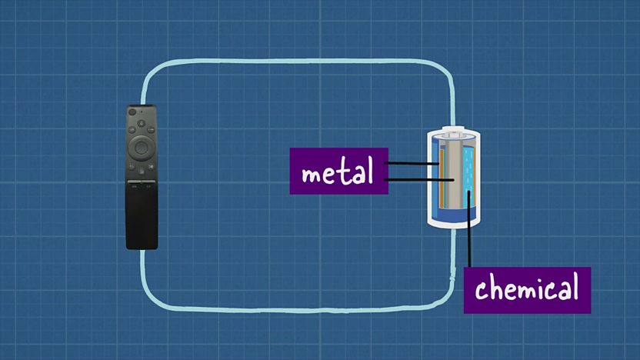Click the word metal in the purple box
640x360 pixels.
click(338, 171)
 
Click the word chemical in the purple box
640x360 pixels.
click(527, 288)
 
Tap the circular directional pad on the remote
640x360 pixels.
click(142, 147)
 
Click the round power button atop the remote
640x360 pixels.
click(132, 112)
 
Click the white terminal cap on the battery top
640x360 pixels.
click(453, 133)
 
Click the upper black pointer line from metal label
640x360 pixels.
click(412, 163)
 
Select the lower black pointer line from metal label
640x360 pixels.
click(419, 179)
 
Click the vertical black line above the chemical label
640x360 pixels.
click(469, 228)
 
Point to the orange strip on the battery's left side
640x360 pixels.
click(442, 178)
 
